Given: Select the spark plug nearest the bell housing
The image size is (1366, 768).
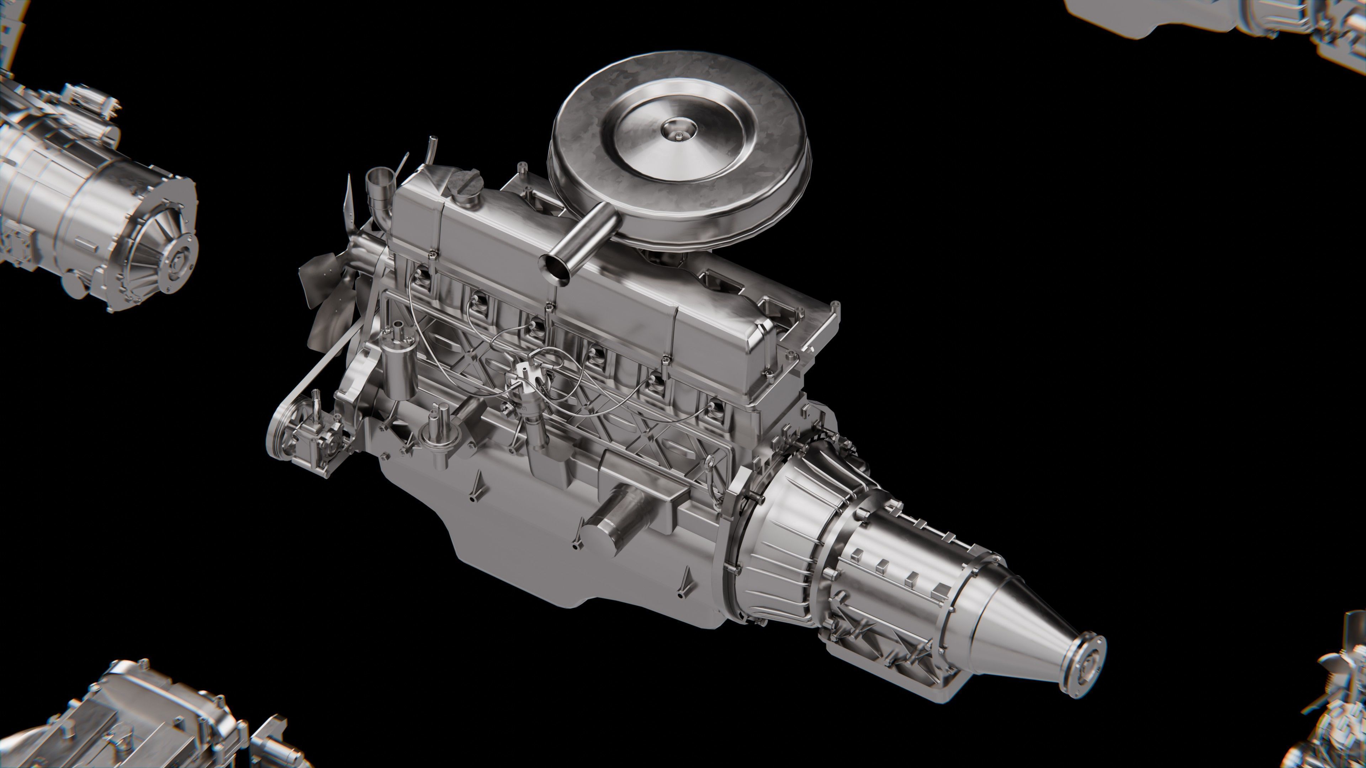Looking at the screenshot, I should [x=715, y=409].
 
